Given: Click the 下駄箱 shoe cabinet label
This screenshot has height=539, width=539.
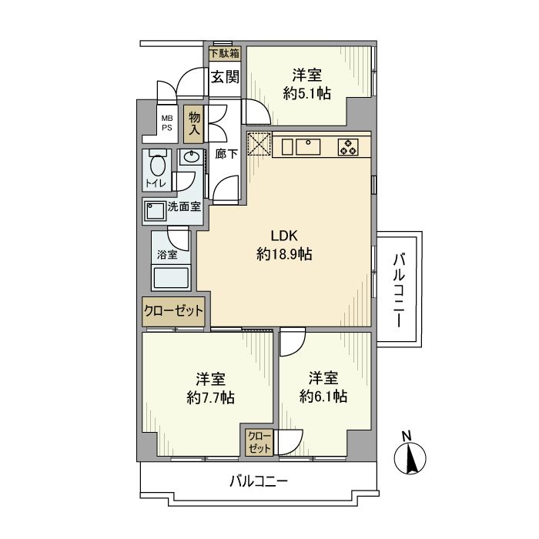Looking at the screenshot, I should (225, 53).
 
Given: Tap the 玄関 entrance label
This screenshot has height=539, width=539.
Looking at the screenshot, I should (225, 77).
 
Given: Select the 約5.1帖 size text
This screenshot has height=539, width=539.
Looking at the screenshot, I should (306, 93).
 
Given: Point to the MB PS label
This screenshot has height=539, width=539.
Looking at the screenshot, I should (166, 123).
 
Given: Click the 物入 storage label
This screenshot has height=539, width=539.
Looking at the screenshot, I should (194, 123).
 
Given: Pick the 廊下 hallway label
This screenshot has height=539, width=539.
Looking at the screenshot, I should (226, 154).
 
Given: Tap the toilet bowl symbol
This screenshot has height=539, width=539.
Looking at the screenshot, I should (158, 166).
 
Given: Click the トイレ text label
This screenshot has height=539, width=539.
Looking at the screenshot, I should (157, 184).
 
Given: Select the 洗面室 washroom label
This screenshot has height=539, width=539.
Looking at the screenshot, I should (184, 206).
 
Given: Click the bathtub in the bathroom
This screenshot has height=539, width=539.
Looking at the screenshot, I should (172, 276).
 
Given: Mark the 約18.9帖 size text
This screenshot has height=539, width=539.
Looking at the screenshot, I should (283, 254).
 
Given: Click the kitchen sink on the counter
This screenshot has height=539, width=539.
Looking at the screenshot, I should (306, 144).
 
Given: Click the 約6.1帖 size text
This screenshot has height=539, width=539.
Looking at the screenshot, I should (323, 397).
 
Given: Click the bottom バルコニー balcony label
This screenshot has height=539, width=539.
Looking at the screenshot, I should (259, 482).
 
